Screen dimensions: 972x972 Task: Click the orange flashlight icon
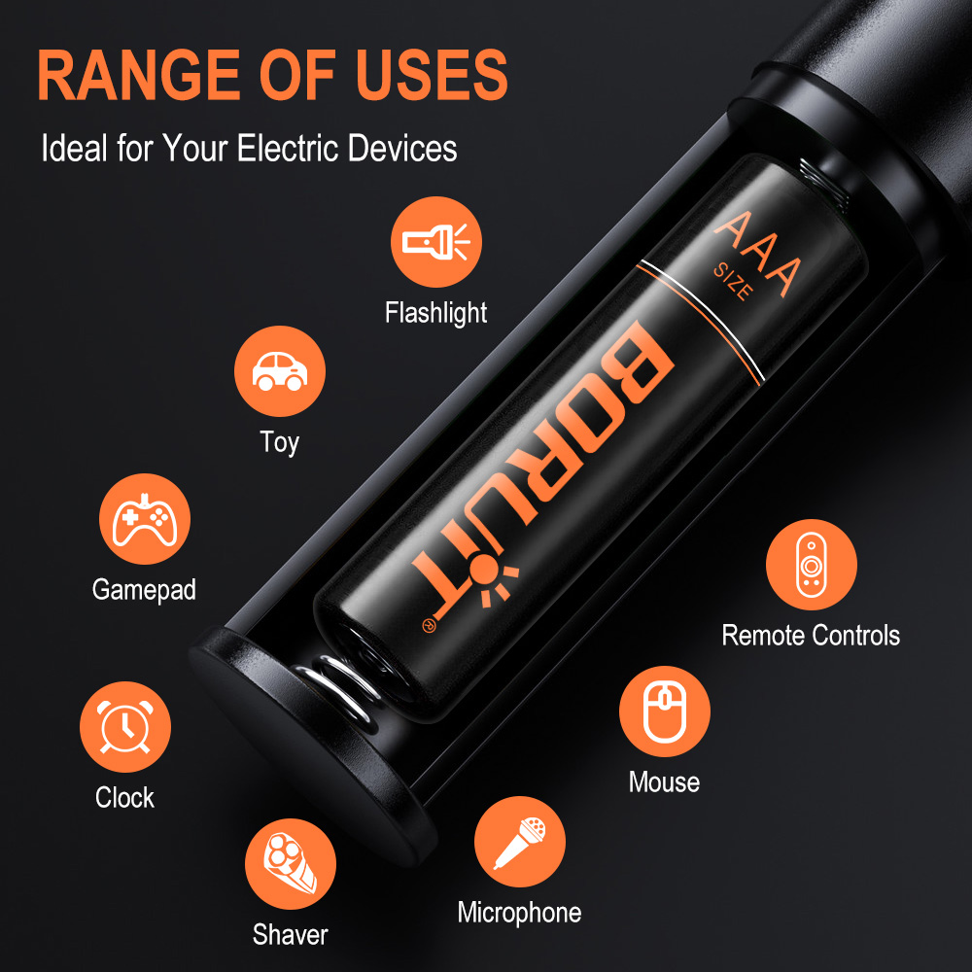tap(436, 242)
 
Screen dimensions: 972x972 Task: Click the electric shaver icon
tap(291, 864)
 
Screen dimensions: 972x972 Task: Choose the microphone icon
tap(519, 842)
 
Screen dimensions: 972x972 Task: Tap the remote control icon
tap(811, 565)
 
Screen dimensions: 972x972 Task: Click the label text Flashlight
tap(436, 313)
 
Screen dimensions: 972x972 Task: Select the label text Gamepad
tap(144, 590)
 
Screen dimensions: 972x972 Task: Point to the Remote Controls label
tap(811, 636)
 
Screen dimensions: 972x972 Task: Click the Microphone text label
tap(519, 913)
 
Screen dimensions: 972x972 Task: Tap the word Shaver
tap(291, 935)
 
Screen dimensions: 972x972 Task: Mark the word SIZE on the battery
tap(731, 282)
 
